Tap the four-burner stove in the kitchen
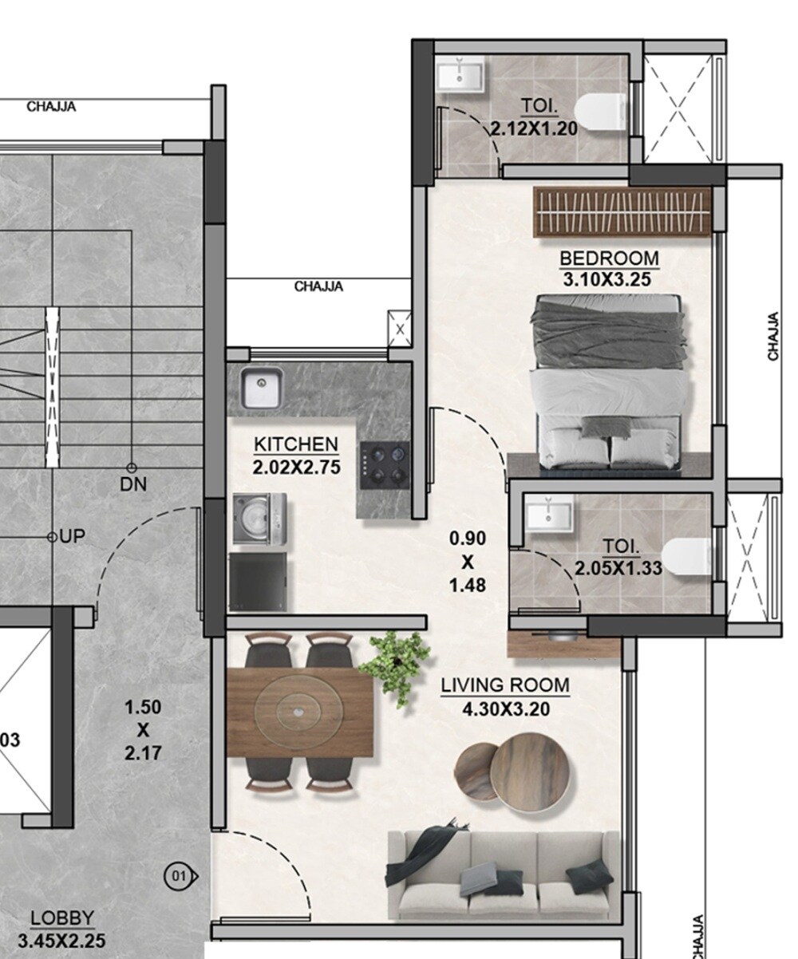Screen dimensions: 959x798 [x=385, y=465]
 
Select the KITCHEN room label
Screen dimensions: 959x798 [x=296, y=444]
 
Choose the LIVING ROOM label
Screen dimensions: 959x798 [x=505, y=685]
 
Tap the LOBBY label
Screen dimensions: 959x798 [x=61, y=919]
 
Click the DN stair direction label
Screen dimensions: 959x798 [x=133, y=483]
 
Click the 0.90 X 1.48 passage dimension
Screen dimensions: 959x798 [x=468, y=562]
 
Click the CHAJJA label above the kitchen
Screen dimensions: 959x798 [x=318, y=286]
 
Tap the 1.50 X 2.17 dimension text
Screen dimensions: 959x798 [x=143, y=729]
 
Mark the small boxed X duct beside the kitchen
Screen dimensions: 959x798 [x=399, y=328]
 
